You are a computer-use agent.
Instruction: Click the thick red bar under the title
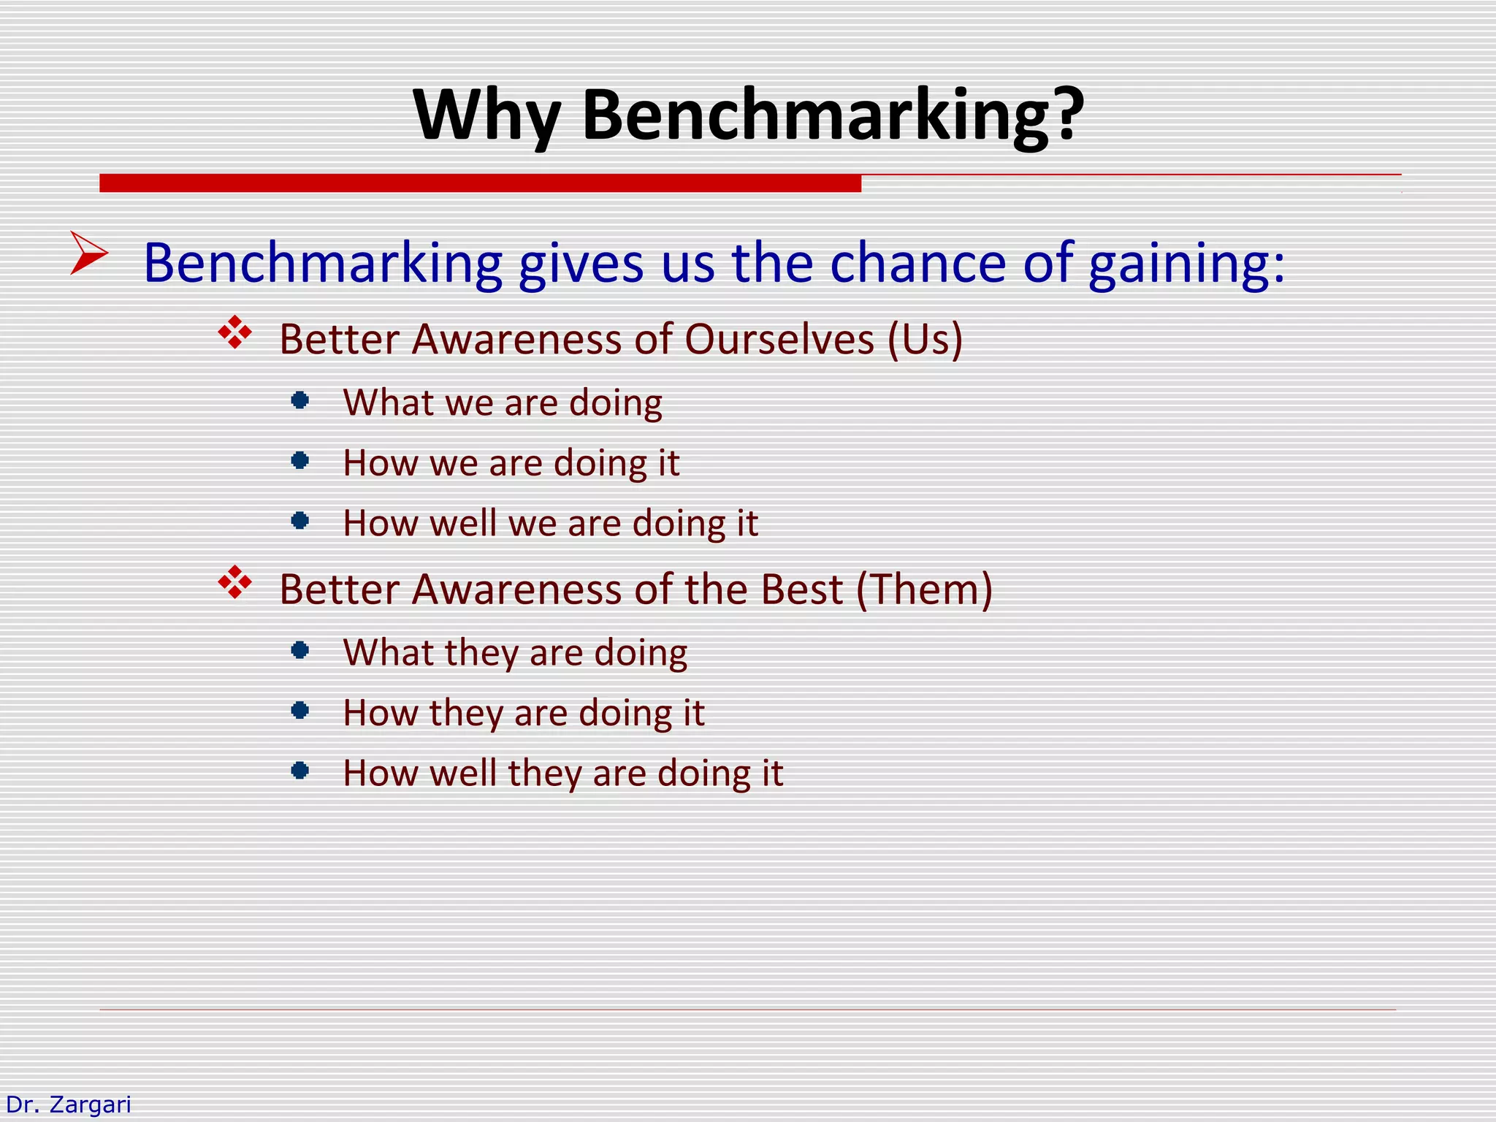[480, 183]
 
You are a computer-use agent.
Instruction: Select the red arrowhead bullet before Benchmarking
[88, 253]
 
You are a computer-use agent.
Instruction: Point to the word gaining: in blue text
[1186, 264]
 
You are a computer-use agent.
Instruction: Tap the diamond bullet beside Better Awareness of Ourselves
[235, 333]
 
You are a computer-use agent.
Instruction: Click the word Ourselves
[779, 340]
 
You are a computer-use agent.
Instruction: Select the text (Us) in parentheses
[926, 340]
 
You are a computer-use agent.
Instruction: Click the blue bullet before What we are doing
[299, 400]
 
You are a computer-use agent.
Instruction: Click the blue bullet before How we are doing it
[299, 460]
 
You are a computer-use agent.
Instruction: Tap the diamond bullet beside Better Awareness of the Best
[235, 583]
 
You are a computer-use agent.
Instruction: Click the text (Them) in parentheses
[924, 589]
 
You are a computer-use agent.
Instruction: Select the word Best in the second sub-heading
[801, 589]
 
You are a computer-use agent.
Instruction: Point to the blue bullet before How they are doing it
[299, 710]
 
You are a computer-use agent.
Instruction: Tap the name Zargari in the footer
[89, 1104]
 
